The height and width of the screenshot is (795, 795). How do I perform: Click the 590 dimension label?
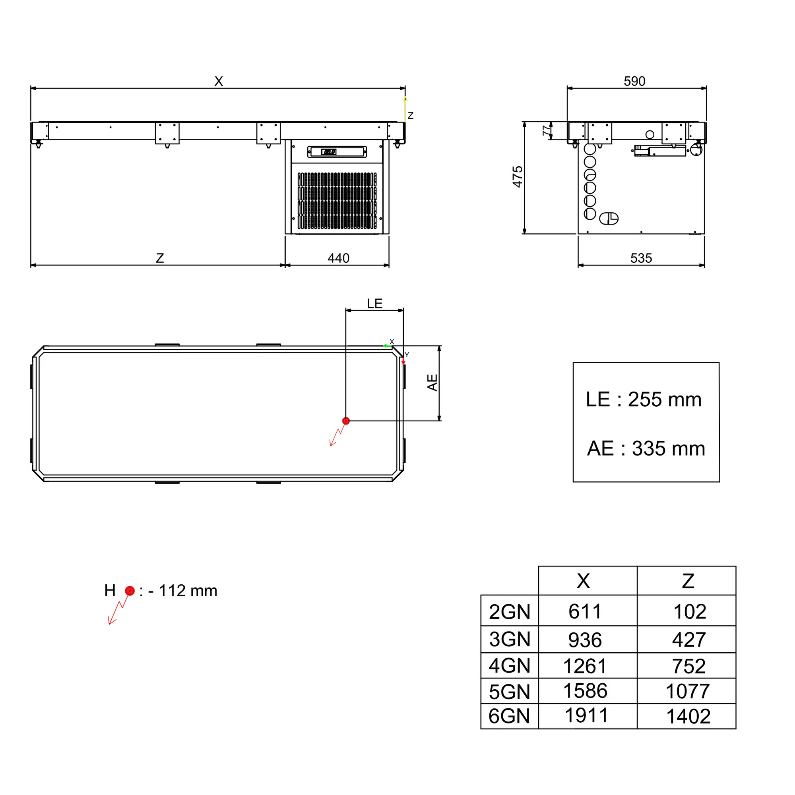(x=634, y=81)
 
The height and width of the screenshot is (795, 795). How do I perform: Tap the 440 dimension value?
(x=338, y=258)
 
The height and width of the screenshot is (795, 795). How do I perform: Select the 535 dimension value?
(x=641, y=258)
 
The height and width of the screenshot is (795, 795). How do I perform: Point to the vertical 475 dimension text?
(x=518, y=177)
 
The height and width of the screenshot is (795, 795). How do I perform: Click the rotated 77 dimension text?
(x=546, y=130)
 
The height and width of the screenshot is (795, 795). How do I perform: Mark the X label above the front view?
(x=219, y=81)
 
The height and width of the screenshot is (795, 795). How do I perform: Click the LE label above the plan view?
(x=374, y=304)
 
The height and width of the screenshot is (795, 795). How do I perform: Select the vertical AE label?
(x=432, y=382)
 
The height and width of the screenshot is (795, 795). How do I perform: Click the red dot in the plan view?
(x=346, y=421)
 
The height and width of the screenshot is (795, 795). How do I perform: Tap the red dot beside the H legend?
(x=130, y=591)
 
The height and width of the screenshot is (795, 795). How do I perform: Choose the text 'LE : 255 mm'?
(x=644, y=399)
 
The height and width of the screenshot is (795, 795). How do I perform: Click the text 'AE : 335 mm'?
(x=646, y=448)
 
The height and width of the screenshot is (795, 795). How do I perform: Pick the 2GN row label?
(x=510, y=611)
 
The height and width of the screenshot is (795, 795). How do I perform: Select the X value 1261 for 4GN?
(x=585, y=666)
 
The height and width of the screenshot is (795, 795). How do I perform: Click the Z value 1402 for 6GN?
(x=688, y=716)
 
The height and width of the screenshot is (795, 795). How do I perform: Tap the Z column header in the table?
(x=688, y=581)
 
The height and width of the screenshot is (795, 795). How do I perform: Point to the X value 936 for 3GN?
(x=585, y=640)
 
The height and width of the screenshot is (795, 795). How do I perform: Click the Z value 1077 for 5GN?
(x=688, y=691)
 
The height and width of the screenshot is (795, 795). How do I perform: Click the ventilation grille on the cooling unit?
(x=337, y=201)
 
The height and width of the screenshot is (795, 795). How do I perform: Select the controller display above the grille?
(x=337, y=152)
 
